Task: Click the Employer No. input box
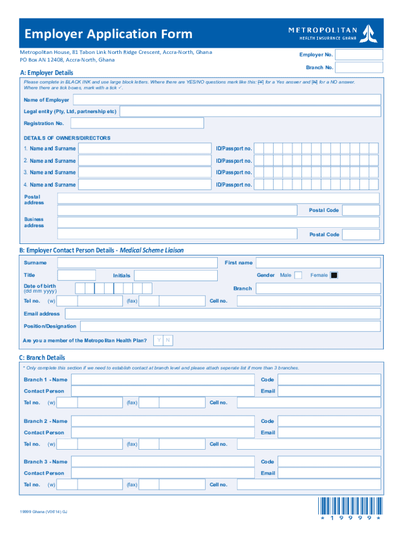[x=359, y=55]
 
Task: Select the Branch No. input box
[x=359, y=68]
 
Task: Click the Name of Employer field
[x=227, y=100]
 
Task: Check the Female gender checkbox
[x=334, y=275]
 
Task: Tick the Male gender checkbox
[x=298, y=275]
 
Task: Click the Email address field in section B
[x=222, y=314]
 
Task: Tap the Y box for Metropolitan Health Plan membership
[x=159, y=341]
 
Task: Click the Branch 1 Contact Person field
[x=163, y=391]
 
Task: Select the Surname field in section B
[x=137, y=263]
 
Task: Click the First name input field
[x=318, y=263]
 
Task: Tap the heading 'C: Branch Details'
[x=42, y=358]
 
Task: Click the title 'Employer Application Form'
[x=108, y=35]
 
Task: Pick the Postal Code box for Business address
[x=361, y=234]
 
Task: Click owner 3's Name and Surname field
[x=145, y=172]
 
